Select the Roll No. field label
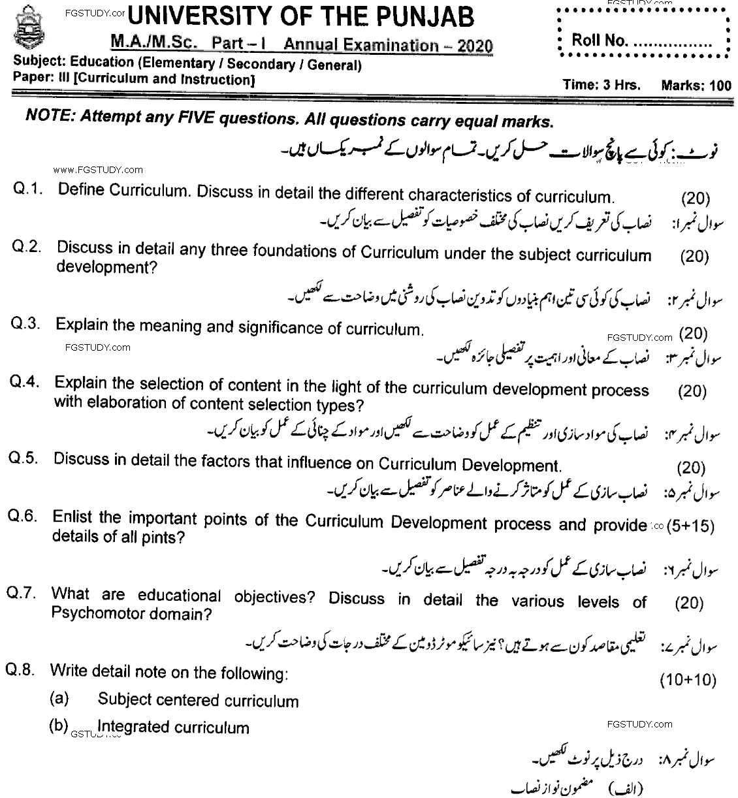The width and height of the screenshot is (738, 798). point(598,40)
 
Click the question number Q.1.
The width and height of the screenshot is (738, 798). point(28,189)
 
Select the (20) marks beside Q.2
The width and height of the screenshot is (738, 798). point(694,257)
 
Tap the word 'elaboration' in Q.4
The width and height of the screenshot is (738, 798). point(108,403)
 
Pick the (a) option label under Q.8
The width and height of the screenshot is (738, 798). point(59,698)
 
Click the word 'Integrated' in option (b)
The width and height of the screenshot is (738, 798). point(131,727)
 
